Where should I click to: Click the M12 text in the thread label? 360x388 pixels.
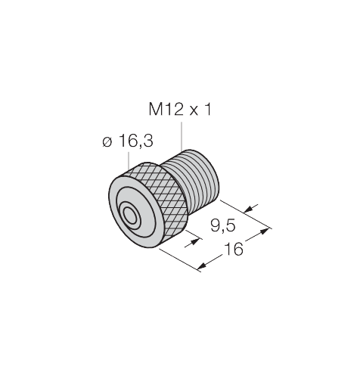pyautogui.click(x=165, y=110)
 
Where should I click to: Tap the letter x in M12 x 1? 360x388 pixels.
pyautogui.click(x=194, y=111)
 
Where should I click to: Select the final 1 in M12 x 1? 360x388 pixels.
pyautogui.click(x=208, y=110)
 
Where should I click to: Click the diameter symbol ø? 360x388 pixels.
pyautogui.click(x=107, y=142)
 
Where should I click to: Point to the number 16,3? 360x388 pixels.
pyautogui.click(x=136, y=141)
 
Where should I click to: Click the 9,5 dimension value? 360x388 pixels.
pyautogui.click(x=223, y=225)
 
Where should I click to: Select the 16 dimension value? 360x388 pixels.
pyautogui.click(x=234, y=249)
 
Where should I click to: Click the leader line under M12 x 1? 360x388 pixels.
pyautogui.click(x=182, y=136)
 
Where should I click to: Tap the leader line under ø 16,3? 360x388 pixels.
pyautogui.click(x=129, y=160)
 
